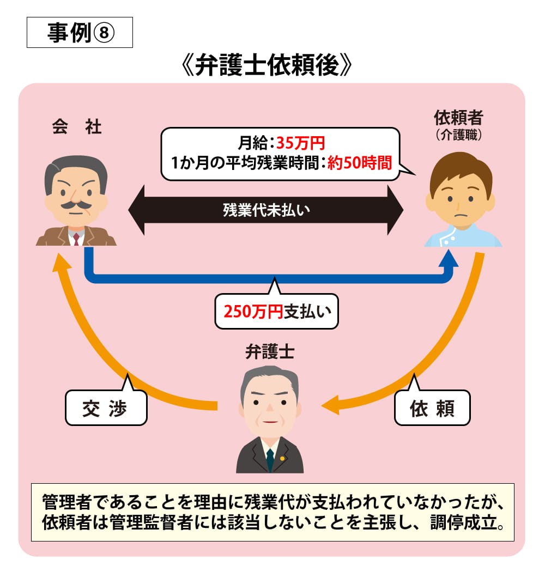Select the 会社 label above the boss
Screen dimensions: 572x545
[x=76, y=127]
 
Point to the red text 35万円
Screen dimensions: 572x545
[x=300, y=144]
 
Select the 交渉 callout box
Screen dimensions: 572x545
[x=106, y=408]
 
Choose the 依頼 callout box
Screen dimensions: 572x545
[x=432, y=408]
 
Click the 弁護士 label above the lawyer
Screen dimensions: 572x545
[x=270, y=352]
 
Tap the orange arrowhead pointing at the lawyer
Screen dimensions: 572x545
[x=330, y=406]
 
